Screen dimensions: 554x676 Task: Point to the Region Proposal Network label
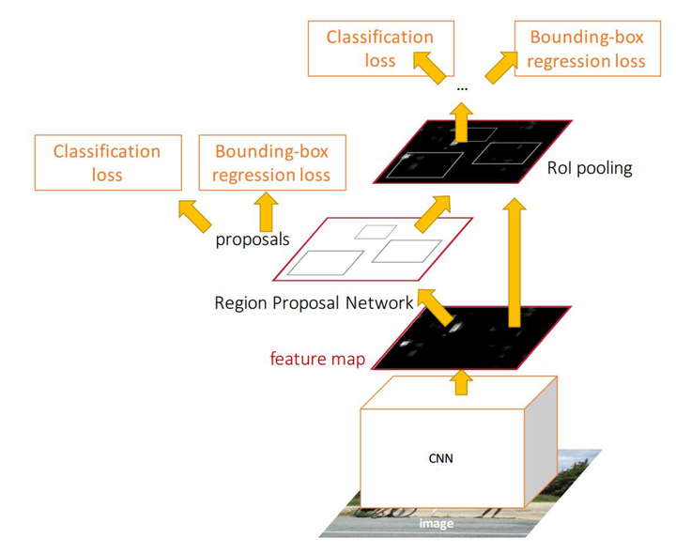(314, 302)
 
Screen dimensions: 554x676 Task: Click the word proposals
(252, 239)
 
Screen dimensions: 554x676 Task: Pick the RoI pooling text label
(590, 169)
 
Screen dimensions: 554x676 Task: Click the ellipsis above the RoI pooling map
(462, 87)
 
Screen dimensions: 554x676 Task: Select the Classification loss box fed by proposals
(107, 162)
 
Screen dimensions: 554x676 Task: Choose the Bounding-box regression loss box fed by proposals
(271, 162)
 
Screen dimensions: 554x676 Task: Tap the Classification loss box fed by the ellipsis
(379, 49)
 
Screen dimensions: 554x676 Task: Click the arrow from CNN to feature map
(461, 380)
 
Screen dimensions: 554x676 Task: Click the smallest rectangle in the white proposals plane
(375, 232)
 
